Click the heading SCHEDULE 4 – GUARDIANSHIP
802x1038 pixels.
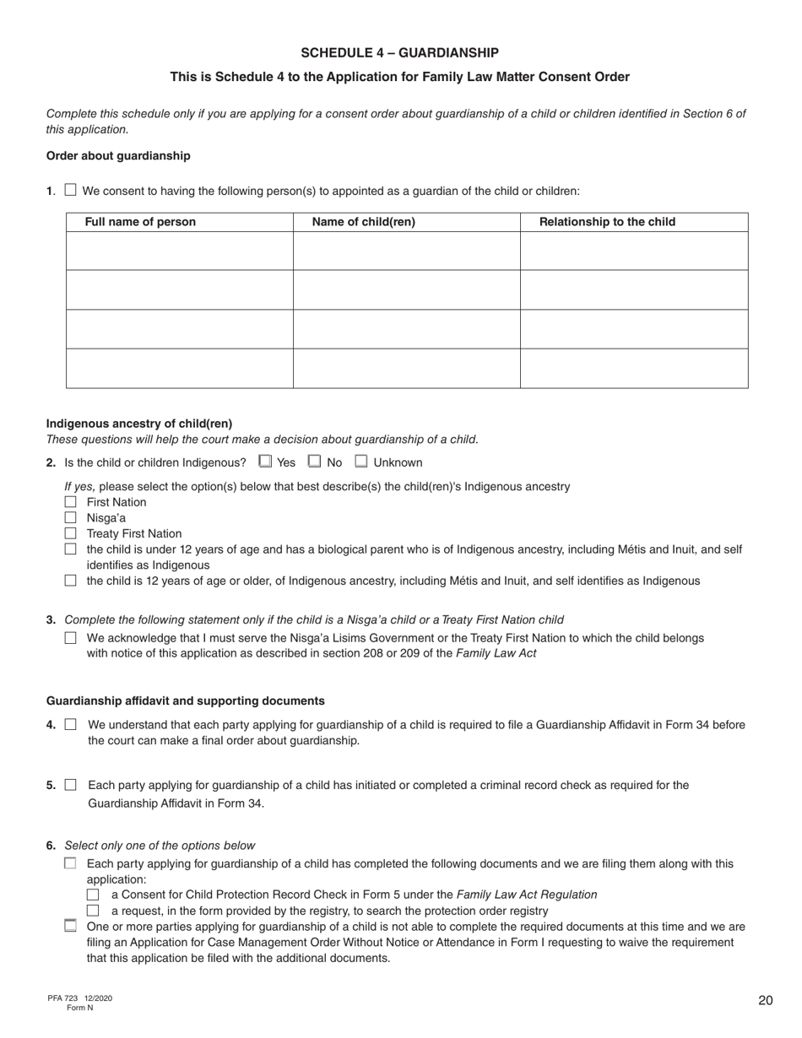click(399, 52)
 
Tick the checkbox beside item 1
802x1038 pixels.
click(71, 191)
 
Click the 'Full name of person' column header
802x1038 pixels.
click(140, 222)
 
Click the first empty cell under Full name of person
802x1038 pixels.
click(179, 251)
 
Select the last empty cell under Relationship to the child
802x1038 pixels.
click(633, 368)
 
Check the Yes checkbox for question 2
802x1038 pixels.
click(265, 462)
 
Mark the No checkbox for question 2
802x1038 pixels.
click(315, 462)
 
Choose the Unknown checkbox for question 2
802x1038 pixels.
click(361, 462)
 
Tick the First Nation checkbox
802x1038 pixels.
click(71, 502)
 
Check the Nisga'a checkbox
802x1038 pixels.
click(71, 517)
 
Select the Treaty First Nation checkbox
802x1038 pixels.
click(71, 533)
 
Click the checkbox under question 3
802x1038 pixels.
click(71, 638)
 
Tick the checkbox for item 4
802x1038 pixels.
click(71, 724)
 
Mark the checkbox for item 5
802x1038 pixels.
click(71, 785)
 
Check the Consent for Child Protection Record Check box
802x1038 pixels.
click(94, 895)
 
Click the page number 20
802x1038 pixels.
click(765, 1001)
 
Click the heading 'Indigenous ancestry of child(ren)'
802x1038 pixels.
click(139, 424)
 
